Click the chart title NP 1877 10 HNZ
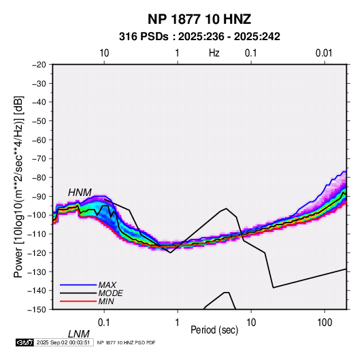pyautogui.click(x=199, y=19)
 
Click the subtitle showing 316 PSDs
pyautogui.click(x=199, y=37)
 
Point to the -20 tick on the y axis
pyautogui.click(x=39, y=65)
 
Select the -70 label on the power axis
pyautogui.click(x=39, y=159)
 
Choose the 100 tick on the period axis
pyautogui.click(x=325, y=323)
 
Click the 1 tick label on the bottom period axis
pyautogui.click(x=178, y=323)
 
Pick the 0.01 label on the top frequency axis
pyautogui.click(x=324, y=53)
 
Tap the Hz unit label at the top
pyautogui.click(x=214, y=53)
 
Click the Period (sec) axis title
pyautogui.click(x=214, y=330)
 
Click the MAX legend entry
pyautogui.click(x=107, y=284)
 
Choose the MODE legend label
pyautogui.click(x=110, y=293)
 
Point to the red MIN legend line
pyautogui.click(x=78, y=301)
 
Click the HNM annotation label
pyautogui.click(x=80, y=193)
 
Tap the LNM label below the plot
pyautogui.click(x=78, y=334)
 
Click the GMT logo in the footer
pyautogui.click(x=24, y=342)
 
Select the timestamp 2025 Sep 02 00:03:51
pyautogui.click(x=63, y=342)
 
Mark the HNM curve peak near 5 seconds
pyautogui.click(x=226, y=208)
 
